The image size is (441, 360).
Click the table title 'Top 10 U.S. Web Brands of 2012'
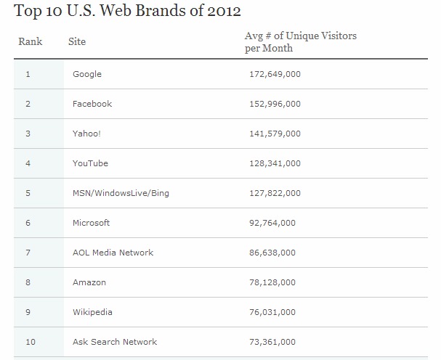128,12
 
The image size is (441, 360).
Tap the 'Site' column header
76,41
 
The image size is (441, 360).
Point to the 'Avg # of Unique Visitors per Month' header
300,41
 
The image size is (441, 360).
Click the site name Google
87,74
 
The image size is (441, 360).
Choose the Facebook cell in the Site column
92,104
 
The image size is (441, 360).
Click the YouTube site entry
90,163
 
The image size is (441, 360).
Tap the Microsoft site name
92,223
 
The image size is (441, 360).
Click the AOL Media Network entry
113,253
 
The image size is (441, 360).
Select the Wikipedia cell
92,312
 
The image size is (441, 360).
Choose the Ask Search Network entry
115,342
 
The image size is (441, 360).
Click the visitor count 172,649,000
275,74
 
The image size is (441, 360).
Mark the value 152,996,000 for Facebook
275,104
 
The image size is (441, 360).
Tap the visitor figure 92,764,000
272,223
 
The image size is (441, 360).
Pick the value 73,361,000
272,342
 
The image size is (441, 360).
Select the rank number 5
28,193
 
